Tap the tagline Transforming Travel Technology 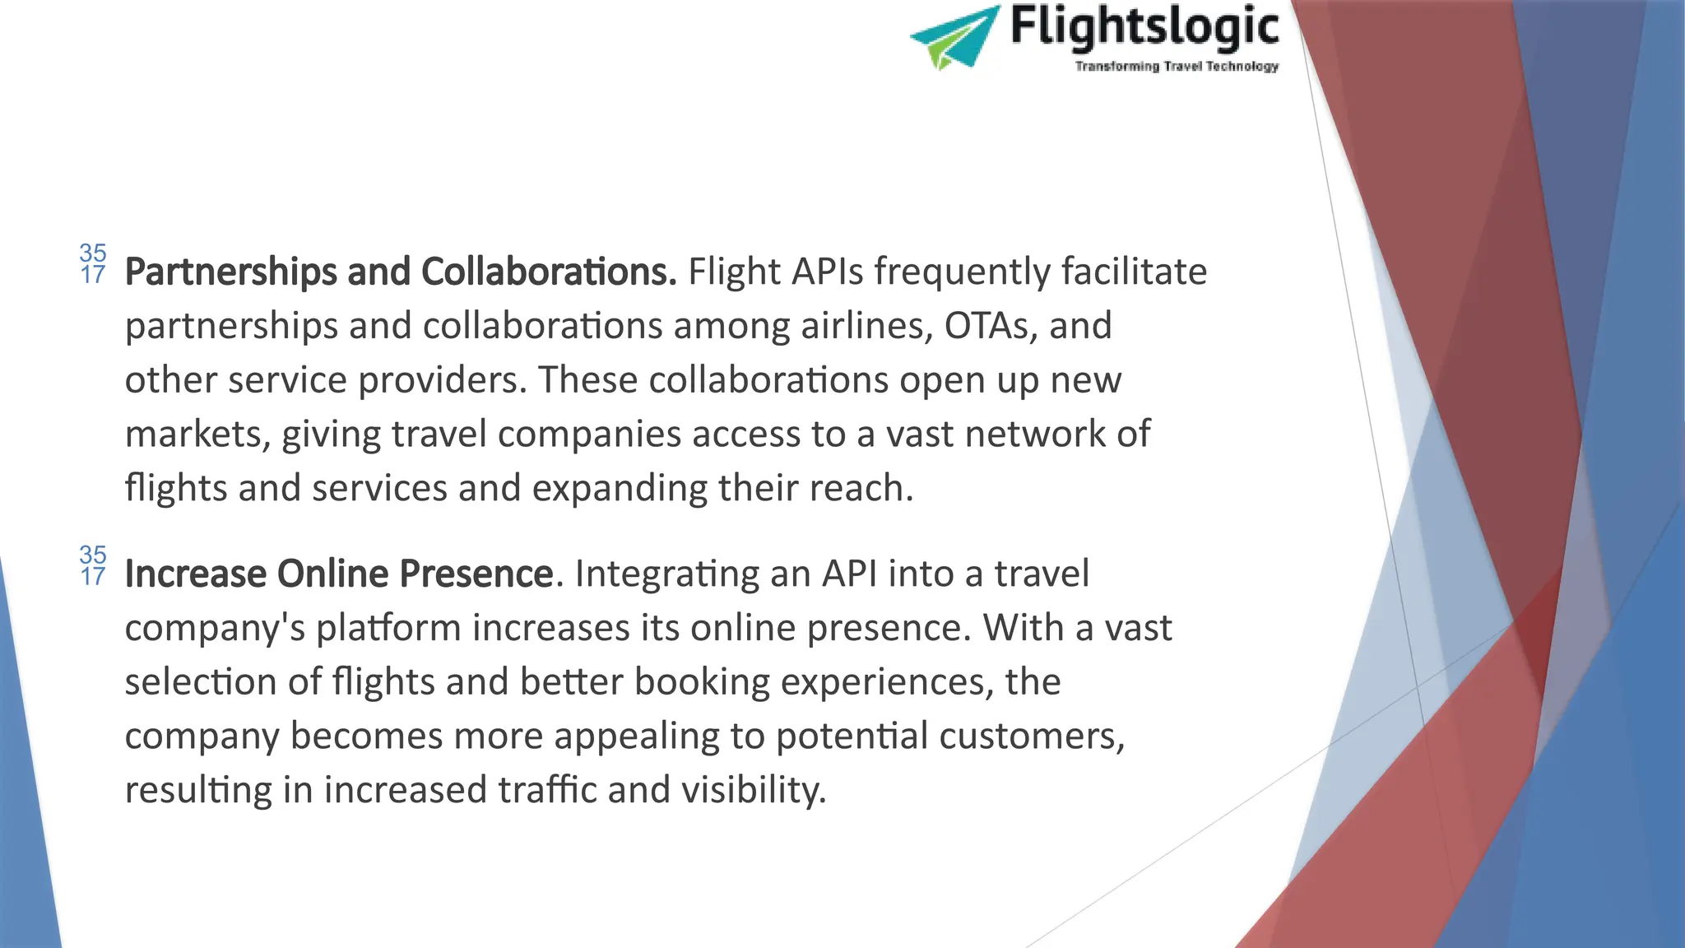tap(1177, 66)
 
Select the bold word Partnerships tap(230, 272)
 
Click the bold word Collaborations tap(549, 272)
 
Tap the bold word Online tap(332, 574)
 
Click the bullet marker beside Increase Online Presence tap(93, 565)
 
